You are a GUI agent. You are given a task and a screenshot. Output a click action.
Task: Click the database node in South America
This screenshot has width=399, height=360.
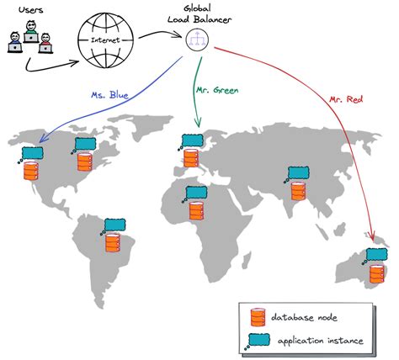[x=114, y=245]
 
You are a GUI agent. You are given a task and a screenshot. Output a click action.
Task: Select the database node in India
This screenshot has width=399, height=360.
[x=296, y=191]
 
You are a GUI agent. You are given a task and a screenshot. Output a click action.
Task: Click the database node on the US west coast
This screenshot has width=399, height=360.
[x=31, y=172]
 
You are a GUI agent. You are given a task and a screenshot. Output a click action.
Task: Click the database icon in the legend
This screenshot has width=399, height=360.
[x=258, y=318]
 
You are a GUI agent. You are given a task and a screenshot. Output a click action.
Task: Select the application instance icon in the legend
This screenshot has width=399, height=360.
[x=258, y=341]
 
